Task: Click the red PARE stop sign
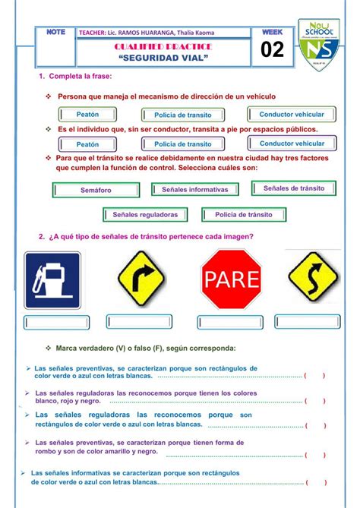pos(231,279)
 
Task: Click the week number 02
pos(271,51)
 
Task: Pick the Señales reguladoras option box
pos(145,215)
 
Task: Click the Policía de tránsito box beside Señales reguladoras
pos(243,215)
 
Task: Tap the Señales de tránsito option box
pos(293,188)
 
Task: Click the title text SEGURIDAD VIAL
pos(163,59)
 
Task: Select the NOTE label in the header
pos(55,32)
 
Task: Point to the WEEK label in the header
pos(271,33)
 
